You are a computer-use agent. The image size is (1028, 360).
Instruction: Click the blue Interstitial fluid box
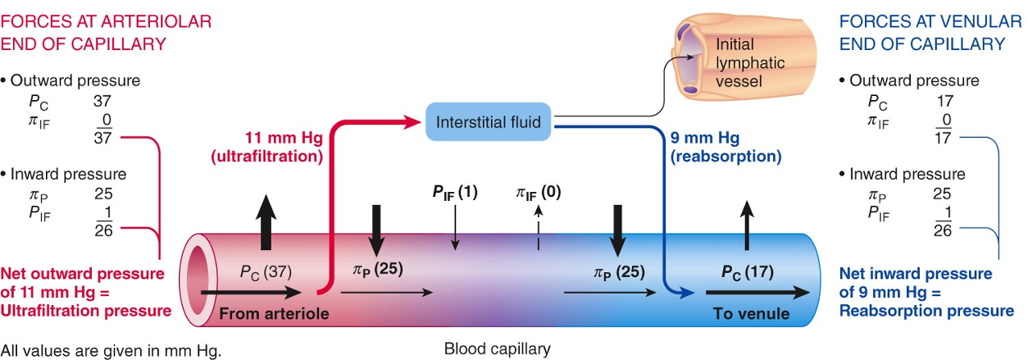click(x=489, y=122)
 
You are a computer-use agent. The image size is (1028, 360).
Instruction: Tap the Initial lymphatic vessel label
click(x=750, y=63)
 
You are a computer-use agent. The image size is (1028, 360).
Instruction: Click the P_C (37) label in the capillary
click(x=266, y=271)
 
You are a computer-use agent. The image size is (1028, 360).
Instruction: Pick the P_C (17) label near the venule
click(x=747, y=271)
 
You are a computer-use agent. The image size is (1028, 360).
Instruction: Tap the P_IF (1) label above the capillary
click(x=455, y=193)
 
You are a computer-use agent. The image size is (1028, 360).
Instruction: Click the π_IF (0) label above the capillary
click(x=538, y=193)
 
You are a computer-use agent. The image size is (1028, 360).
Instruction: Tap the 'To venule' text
click(x=752, y=313)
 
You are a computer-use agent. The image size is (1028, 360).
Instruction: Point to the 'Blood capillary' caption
click(x=497, y=349)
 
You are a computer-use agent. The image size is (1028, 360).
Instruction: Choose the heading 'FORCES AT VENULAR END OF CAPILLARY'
click(x=921, y=31)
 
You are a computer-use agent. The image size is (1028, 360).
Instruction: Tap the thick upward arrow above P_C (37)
click(x=264, y=225)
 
